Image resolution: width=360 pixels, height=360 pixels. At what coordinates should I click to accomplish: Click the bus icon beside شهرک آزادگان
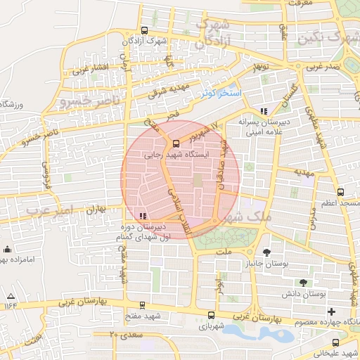tap(144, 30)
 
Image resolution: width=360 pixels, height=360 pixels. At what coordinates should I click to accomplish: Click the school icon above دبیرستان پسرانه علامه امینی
tap(264, 110)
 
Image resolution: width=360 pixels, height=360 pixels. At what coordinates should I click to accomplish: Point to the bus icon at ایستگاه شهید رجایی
tap(176, 145)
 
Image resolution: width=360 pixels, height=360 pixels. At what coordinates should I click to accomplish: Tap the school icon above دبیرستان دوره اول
tap(143, 216)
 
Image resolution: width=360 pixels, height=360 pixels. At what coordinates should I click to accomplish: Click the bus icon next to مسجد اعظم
tap(341, 191)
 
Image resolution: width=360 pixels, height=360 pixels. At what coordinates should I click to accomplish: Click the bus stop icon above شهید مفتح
tap(143, 305)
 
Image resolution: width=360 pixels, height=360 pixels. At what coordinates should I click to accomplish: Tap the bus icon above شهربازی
tap(211, 315)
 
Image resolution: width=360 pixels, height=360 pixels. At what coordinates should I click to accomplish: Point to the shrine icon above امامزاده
tap(8, 249)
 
